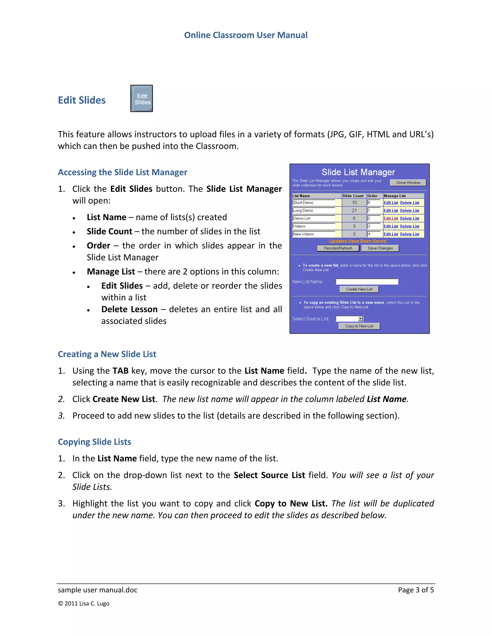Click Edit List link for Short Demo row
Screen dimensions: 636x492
point(391,203)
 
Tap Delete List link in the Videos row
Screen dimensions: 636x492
point(410,226)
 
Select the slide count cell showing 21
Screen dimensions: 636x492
point(354,210)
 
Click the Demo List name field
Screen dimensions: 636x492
point(314,218)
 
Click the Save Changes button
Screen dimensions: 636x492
point(380,248)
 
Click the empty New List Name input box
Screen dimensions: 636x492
point(367,282)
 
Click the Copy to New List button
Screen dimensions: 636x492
point(359,326)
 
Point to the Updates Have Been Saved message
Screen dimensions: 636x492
point(358,241)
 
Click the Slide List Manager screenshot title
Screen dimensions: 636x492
point(358,172)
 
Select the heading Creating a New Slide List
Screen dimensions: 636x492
point(107,354)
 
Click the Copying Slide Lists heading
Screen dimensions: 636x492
point(94,442)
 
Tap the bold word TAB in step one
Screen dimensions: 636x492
point(120,371)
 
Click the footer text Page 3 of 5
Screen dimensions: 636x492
point(416,590)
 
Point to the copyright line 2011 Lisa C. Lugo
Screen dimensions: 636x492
point(84,604)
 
